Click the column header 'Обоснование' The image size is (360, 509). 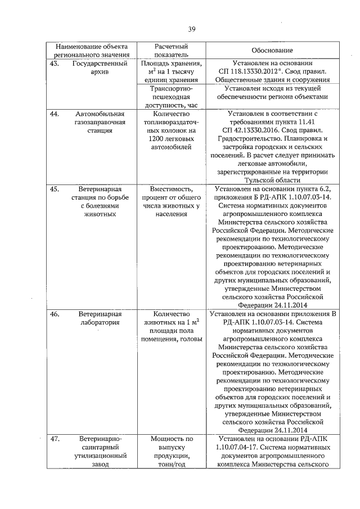point(265,51)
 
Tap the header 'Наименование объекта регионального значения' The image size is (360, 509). point(92,51)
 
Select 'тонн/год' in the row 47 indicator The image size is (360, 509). point(173,464)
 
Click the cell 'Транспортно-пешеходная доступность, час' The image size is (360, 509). point(173,96)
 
